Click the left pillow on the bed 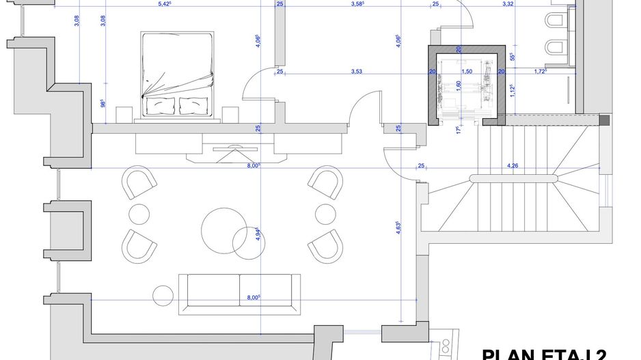pyautogui.click(x=161, y=105)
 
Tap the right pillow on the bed pyautogui.click(x=193, y=105)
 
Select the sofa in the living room pyautogui.click(x=239, y=294)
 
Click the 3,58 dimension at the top pyautogui.click(x=357, y=4)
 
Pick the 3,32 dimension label pyautogui.click(x=527, y=4)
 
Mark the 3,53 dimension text pyautogui.click(x=357, y=71)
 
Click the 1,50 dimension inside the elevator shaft pyautogui.click(x=467, y=71)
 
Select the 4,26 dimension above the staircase pyautogui.click(x=513, y=165)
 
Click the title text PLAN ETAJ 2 pyautogui.click(x=544, y=355)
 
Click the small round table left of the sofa pyautogui.click(x=164, y=295)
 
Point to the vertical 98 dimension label pyautogui.click(x=103, y=103)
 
